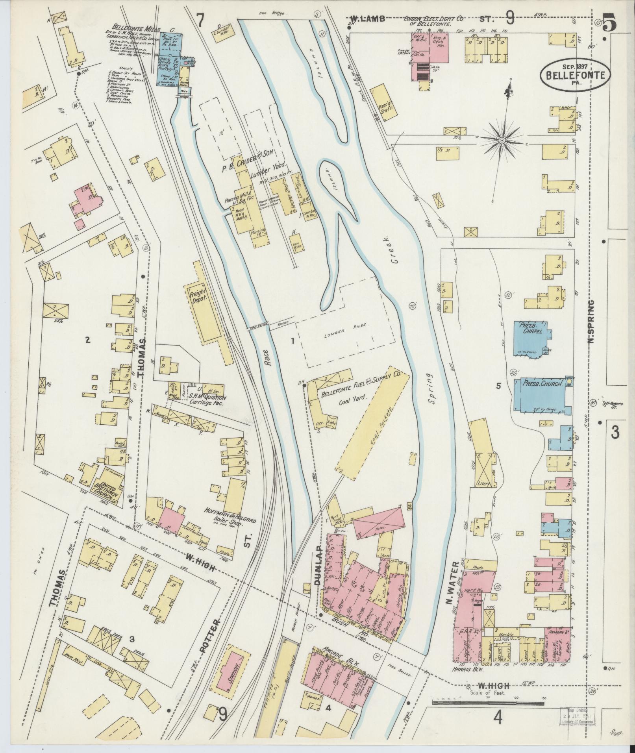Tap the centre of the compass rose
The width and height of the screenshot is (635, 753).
click(502, 141)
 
